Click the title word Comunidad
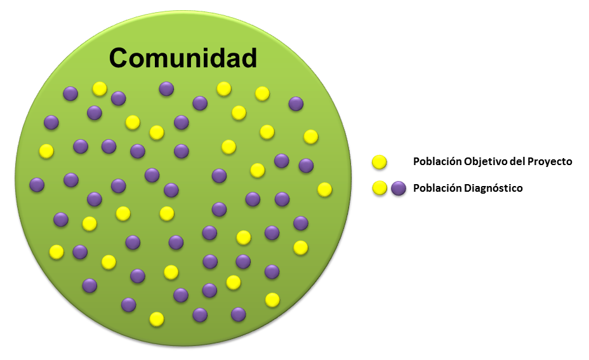(183, 58)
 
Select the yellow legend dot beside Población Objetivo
(380, 162)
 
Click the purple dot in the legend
(399, 188)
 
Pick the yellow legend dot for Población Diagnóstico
(380, 188)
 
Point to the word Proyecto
(550, 161)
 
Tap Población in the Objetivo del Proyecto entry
(437, 161)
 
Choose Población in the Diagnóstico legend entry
(437, 187)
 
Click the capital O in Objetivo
(468, 161)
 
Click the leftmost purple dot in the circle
(37, 185)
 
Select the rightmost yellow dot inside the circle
(324, 189)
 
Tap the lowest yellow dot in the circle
(157, 319)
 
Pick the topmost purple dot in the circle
(166, 89)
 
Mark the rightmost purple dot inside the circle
(306, 165)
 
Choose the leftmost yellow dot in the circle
(46, 151)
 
